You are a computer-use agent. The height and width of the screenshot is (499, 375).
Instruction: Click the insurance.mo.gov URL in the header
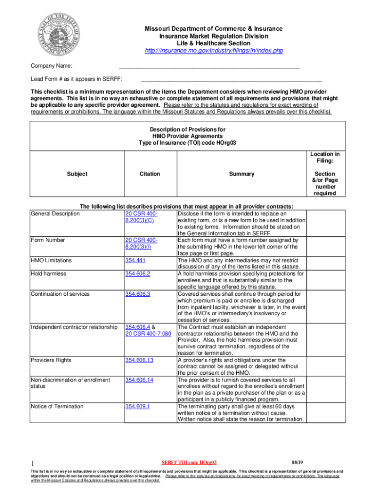click(x=214, y=51)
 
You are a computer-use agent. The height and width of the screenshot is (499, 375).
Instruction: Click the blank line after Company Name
click(x=209, y=66)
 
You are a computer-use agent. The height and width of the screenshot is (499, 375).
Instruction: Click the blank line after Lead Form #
click(x=231, y=79)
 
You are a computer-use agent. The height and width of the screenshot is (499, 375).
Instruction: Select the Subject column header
click(x=77, y=174)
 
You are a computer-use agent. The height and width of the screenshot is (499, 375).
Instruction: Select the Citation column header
click(x=149, y=174)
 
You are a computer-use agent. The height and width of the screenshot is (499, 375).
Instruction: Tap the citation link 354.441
click(x=134, y=260)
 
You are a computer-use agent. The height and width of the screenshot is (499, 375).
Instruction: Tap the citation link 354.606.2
click(x=137, y=274)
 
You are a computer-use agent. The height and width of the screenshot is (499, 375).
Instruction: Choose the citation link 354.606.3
click(x=137, y=294)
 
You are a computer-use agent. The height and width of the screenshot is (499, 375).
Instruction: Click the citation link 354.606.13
click(x=139, y=360)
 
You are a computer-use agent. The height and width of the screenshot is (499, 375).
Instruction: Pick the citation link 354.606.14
click(x=139, y=380)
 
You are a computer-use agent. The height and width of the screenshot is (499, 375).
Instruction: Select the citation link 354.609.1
click(x=137, y=406)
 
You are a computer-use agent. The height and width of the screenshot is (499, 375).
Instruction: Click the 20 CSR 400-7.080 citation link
click(x=148, y=333)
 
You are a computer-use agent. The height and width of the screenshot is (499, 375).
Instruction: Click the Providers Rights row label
click(x=51, y=360)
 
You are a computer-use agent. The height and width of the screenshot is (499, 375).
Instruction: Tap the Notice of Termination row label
click(x=57, y=406)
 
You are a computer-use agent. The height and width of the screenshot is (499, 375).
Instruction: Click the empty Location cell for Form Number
click(x=325, y=247)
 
